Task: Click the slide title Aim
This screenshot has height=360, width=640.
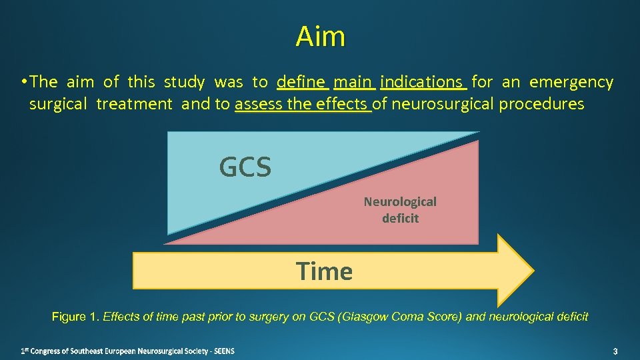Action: (x=321, y=37)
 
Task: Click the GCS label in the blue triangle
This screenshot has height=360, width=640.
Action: (x=245, y=167)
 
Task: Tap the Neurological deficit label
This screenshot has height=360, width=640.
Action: (x=400, y=209)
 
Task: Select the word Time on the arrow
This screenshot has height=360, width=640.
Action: (x=325, y=271)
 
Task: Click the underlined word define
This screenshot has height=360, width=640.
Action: (x=303, y=82)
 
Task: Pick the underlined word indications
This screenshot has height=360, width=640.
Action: (x=422, y=82)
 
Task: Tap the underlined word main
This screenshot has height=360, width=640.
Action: (x=353, y=82)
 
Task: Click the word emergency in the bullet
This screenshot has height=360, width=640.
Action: (x=571, y=82)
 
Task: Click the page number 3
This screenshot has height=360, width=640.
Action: (x=615, y=351)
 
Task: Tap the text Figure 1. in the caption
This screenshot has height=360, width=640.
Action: (x=75, y=317)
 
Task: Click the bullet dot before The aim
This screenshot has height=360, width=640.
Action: (x=23, y=82)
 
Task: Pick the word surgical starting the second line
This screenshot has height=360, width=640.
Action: (x=58, y=104)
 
